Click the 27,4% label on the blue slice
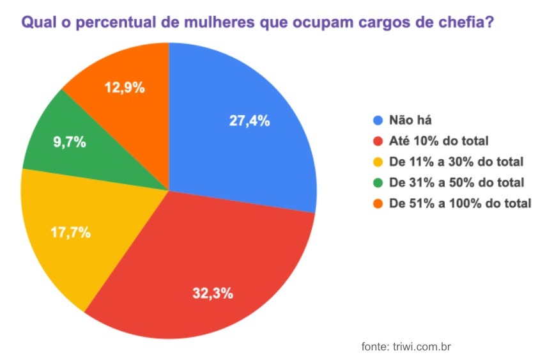(249, 120)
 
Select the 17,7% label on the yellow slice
(70, 231)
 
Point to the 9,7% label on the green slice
(70, 142)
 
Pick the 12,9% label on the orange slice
(125, 88)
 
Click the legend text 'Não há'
(406, 120)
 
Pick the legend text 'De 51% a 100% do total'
(459, 203)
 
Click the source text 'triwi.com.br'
(425, 347)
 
